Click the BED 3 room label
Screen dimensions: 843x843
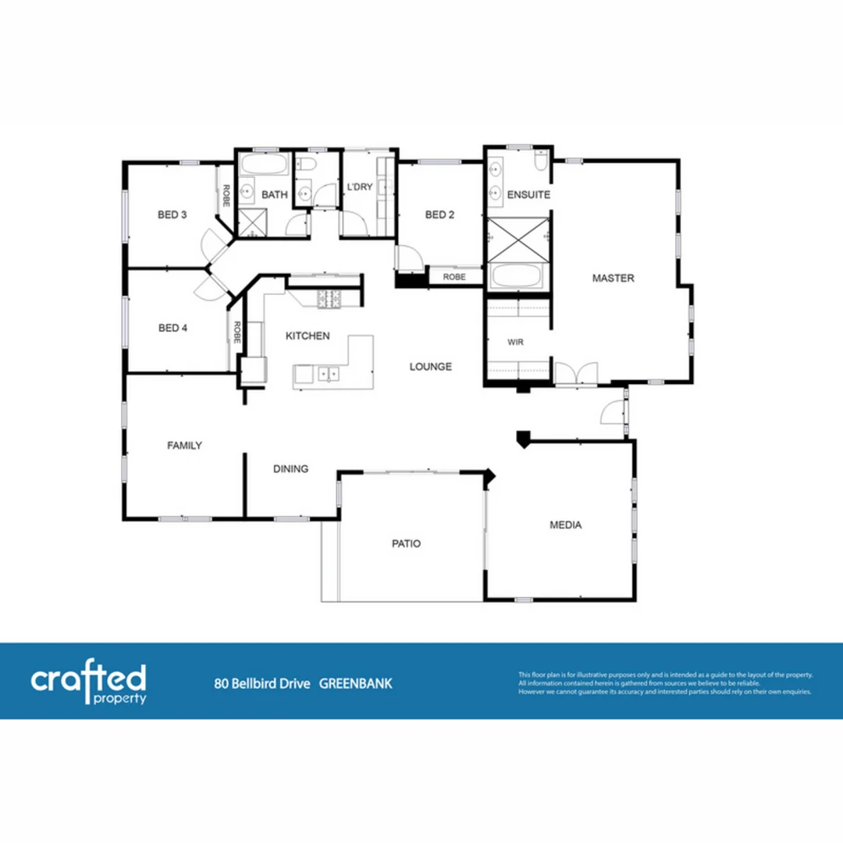pos(173,215)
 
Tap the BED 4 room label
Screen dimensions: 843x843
pos(173,328)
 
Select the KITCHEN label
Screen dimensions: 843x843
pos(307,336)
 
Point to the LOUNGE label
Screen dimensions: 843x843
pos(431,366)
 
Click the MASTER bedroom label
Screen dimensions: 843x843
pos(613,278)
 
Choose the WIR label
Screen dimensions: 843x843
pos(514,342)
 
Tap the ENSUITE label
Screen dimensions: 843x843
pos(528,194)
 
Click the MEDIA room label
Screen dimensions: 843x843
pos(565,525)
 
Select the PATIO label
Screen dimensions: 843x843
pos(406,543)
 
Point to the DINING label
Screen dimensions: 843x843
pos(290,469)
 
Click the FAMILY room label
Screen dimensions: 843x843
pos(185,445)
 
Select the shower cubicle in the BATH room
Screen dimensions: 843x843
pos(251,223)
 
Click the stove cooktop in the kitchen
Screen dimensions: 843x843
pos(329,297)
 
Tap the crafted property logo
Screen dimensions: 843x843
pos(88,683)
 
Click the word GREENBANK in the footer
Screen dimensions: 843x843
pos(356,684)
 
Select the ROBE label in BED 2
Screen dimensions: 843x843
pos(454,276)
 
